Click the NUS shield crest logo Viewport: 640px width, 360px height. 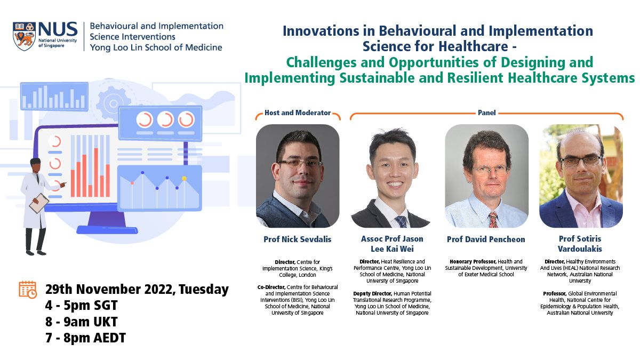(25, 36)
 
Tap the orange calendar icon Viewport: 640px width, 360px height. (28, 290)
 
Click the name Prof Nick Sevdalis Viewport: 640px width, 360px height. (298, 239)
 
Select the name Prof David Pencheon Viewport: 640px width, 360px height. (486, 239)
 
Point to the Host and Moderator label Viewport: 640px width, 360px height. (298, 113)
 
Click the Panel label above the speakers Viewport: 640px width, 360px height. (486, 113)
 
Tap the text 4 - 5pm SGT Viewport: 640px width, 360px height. (82, 305)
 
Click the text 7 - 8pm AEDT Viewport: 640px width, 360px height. (85, 338)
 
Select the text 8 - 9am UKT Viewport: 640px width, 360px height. (82, 322)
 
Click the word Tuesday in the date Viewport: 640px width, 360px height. (204, 289)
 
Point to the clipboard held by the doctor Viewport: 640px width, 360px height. (39, 203)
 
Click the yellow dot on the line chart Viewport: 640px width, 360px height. (185, 179)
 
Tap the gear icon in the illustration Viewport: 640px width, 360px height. (113, 103)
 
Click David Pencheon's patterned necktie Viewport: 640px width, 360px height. (493, 219)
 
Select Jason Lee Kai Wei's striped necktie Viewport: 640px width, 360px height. (402, 222)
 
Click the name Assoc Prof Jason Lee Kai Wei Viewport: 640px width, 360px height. (392, 244)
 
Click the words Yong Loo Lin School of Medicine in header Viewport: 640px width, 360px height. (156, 47)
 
